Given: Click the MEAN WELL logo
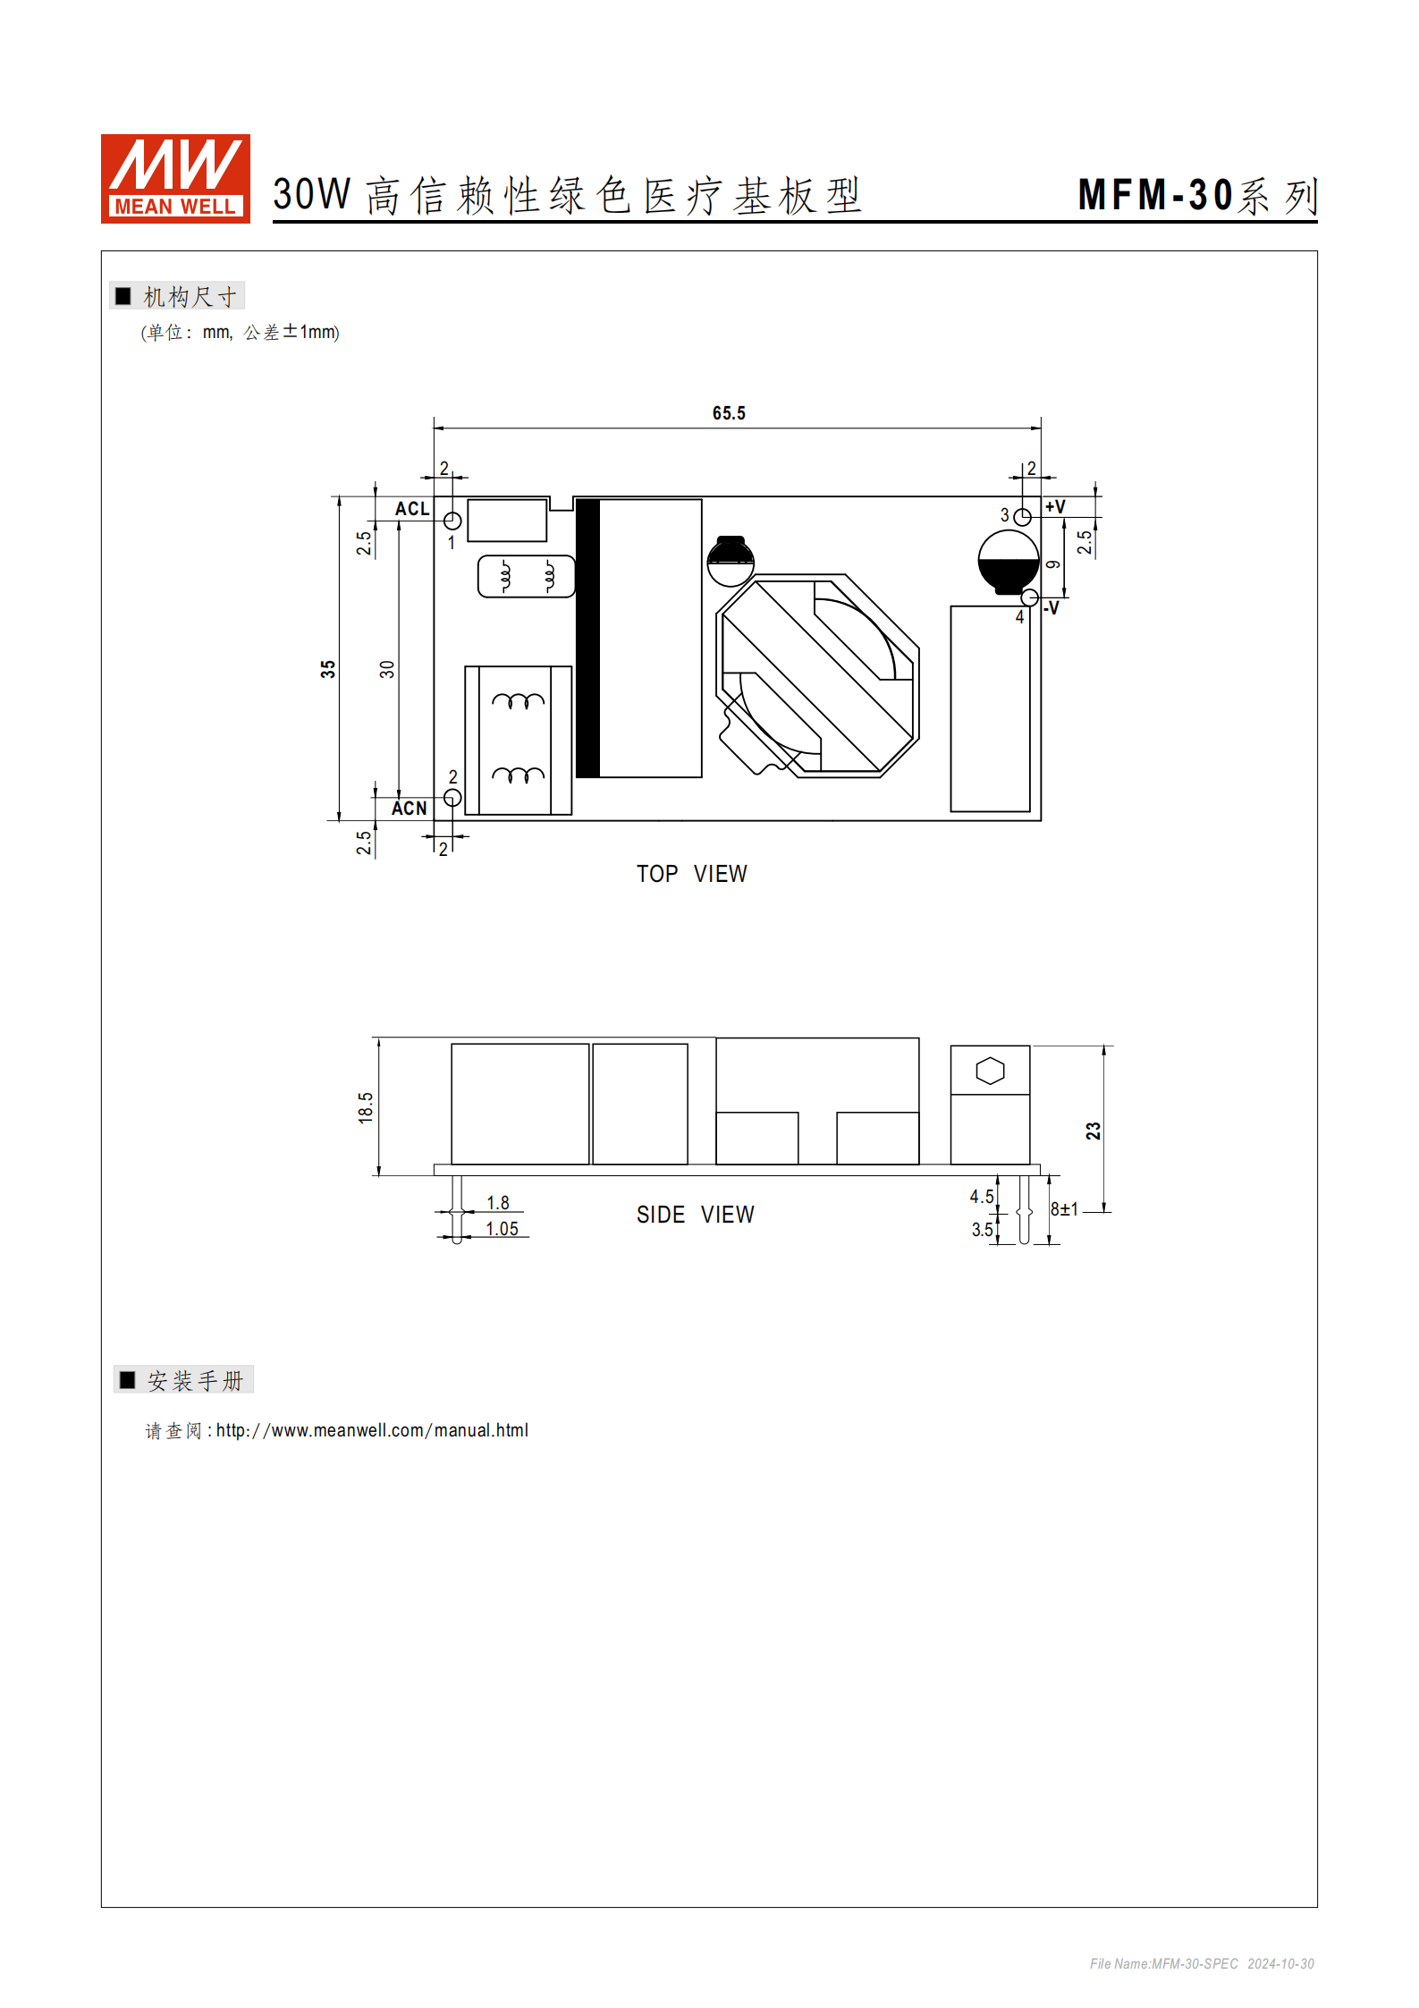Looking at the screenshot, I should [175, 178].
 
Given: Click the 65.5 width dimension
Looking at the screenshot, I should [728, 413].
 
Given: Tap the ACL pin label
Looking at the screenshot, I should [412, 509].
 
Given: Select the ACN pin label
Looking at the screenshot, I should [410, 808].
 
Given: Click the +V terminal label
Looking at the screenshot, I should [1055, 507].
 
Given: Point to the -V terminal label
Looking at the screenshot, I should [1052, 608].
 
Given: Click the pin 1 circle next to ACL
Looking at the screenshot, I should [452, 521].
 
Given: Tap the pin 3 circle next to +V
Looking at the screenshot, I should [1022, 517].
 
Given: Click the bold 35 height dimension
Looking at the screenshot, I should [328, 669].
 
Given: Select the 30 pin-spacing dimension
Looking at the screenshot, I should [386, 669].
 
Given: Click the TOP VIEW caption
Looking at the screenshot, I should [691, 874].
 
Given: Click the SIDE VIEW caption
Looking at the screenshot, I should [695, 1215].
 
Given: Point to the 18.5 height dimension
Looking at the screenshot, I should [366, 1107].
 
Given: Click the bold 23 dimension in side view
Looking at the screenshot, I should [1093, 1131].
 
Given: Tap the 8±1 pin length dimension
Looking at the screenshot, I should [1064, 1209].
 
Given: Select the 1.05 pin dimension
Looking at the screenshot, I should [502, 1229].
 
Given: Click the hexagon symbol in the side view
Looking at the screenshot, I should [990, 1071].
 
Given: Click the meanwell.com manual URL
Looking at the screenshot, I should [372, 1430].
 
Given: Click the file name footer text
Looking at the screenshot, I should [1201, 1963].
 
